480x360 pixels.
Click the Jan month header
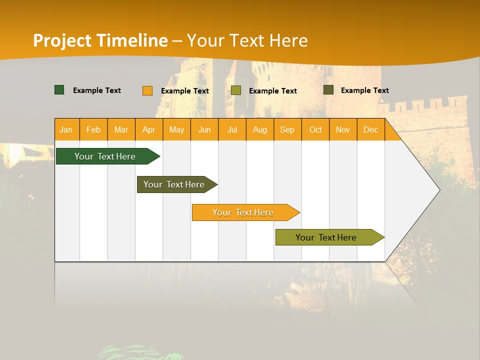click(x=66, y=129)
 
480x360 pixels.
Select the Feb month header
click(x=93, y=129)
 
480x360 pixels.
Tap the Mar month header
click(x=121, y=129)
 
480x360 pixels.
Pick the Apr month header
click(x=149, y=129)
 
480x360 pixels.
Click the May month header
click(x=176, y=129)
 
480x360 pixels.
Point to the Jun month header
click(x=204, y=129)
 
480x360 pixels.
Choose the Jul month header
click(x=232, y=129)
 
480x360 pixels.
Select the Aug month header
click(x=260, y=129)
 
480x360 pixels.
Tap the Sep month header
click(x=287, y=129)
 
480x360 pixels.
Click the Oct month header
click(x=315, y=129)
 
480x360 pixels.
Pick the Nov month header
click(x=343, y=129)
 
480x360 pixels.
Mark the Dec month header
click(x=371, y=129)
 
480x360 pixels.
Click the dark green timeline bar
click(x=105, y=156)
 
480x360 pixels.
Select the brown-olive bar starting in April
click(x=174, y=184)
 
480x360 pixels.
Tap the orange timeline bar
click(x=243, y=212)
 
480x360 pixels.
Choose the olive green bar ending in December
click(x=326, y=237)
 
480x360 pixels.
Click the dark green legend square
click(x=59, y=90)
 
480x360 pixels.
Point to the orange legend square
click(x=147, y=90)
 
